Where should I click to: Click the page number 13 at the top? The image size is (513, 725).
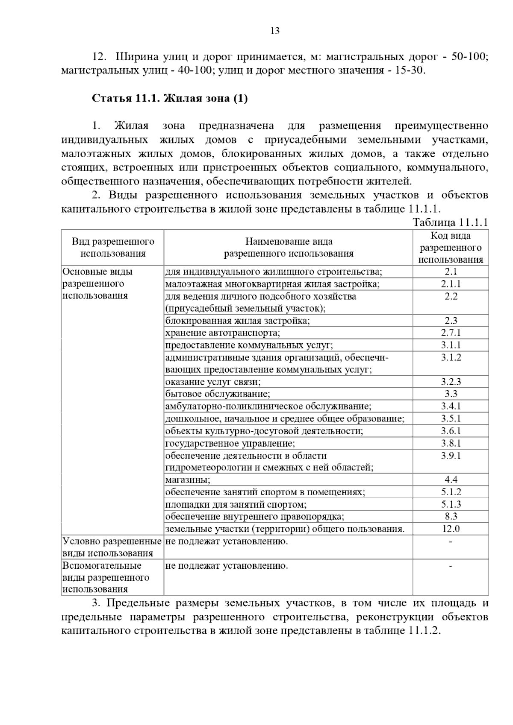[275, 31]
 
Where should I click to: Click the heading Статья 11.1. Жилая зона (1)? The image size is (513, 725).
[170, 99]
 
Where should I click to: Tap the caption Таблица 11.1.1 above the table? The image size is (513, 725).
[450, 222]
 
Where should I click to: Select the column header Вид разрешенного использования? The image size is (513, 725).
[113, 247]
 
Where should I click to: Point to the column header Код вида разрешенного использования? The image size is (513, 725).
[451, 247]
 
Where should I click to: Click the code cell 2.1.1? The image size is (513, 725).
[451, 284]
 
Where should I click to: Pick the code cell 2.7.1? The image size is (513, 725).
[451, 333]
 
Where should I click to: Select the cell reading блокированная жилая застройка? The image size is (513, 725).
[238, 321]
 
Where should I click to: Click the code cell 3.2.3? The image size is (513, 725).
[451, 382]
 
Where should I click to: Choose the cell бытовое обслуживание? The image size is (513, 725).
[218, 394]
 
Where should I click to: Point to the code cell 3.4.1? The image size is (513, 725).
[451, 406]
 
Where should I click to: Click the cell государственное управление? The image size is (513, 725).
[230, 443]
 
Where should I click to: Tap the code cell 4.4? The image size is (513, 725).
[451, 479]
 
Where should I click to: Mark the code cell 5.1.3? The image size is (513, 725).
[451, 504]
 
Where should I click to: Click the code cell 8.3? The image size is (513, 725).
[451, 516]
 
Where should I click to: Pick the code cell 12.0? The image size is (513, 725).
[451, 529]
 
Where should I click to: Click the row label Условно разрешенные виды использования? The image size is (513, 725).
[112, 547]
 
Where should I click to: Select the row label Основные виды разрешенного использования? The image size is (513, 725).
[98, 284]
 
